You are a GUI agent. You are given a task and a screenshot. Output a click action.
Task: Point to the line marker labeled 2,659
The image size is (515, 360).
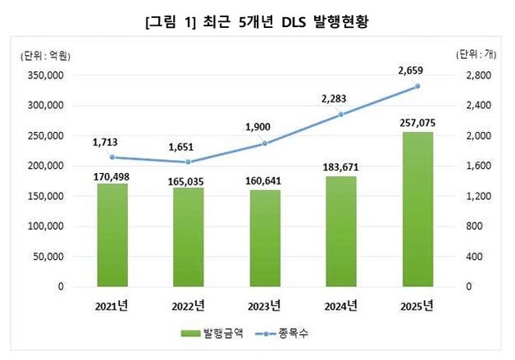(417, 86)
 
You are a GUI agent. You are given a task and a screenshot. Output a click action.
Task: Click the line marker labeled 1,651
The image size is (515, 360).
(188, 162)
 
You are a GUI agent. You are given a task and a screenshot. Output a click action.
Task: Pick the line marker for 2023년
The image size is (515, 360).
(264, 144)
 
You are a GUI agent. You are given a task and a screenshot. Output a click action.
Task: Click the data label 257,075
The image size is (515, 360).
(417, 121)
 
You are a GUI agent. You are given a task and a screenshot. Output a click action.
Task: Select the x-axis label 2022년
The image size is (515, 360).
(188, 307)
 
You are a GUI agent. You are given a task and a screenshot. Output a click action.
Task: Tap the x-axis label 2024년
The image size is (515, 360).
(340, 307)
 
